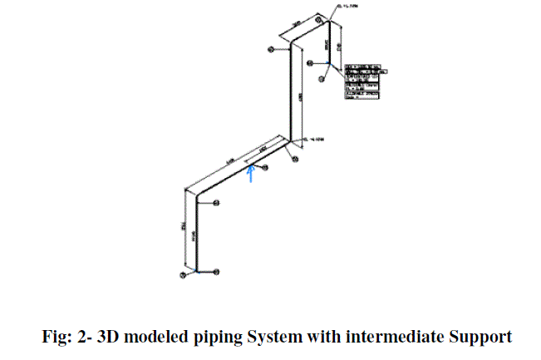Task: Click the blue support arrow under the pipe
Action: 252,172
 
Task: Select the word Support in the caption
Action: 481,337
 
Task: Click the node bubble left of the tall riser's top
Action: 271,50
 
